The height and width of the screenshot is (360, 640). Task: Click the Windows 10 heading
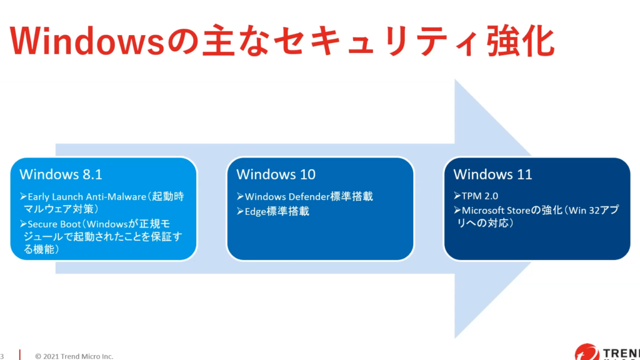(276, 174)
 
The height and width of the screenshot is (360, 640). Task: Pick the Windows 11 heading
(492, 174)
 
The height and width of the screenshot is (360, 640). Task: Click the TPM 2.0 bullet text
(480, 196)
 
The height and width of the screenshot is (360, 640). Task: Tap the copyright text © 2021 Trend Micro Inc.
(74, 356)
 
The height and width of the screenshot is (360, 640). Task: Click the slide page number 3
(2, 356)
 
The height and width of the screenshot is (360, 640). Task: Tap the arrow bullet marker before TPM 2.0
(457, 196)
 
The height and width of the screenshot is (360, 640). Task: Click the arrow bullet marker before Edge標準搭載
(240, 211)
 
